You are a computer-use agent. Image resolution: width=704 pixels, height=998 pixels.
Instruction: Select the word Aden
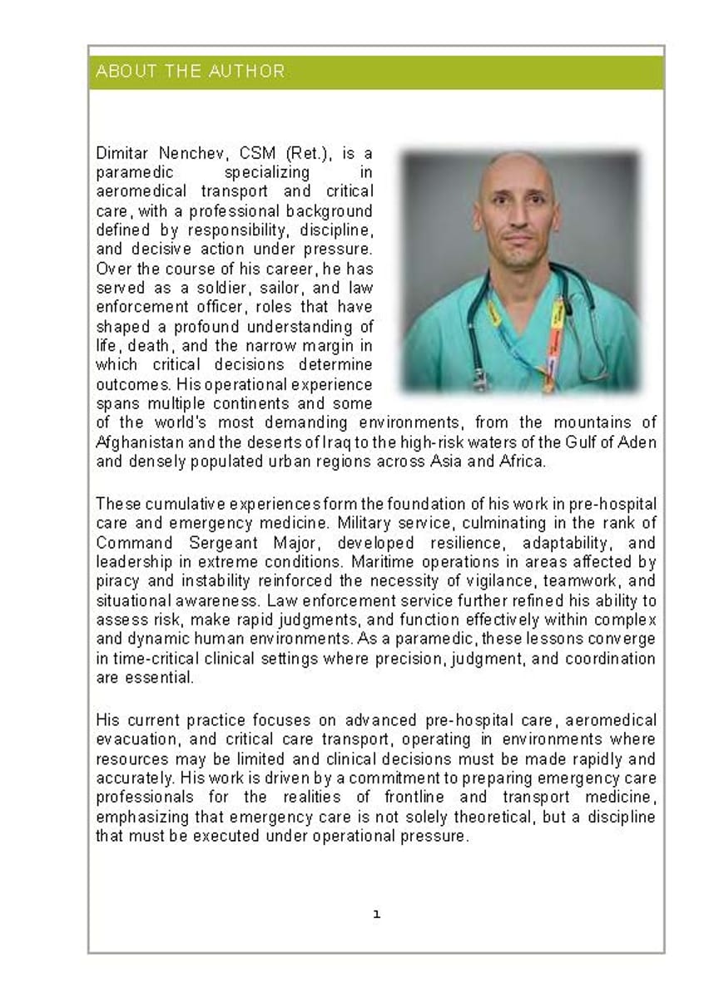[x=637, y=442]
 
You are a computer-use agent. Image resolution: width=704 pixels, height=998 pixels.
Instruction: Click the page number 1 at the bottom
[x=376, y=914]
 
